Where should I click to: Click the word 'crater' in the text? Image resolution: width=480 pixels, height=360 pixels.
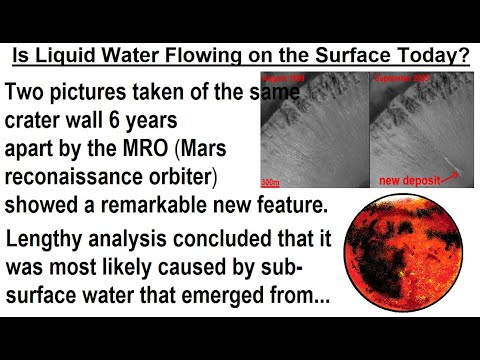[x=39, y=123]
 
